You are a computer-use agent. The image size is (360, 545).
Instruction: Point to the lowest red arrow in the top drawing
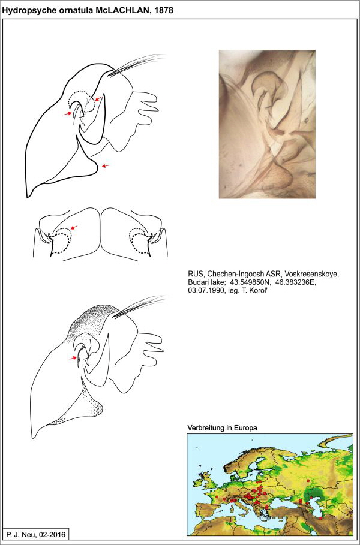pos(105,166)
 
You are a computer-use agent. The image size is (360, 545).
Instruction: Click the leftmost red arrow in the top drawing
pos(68,112)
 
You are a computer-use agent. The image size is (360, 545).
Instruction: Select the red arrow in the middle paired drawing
pos(74,227)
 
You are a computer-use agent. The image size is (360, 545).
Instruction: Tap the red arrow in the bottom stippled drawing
pos(76,357)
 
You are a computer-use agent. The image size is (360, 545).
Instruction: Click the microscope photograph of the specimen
pos(267,124)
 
